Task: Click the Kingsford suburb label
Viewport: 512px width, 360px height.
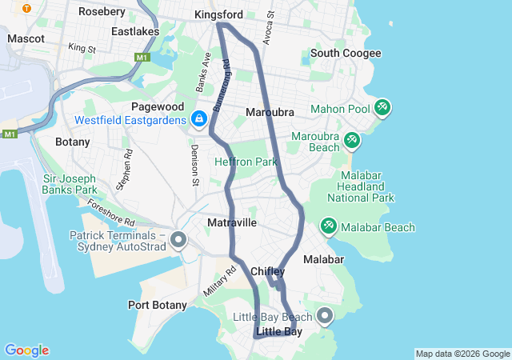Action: (x=218, y=15)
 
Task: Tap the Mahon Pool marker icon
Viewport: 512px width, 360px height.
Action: (x=382, y=107)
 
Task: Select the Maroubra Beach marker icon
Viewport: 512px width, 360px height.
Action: (x=351, y=141)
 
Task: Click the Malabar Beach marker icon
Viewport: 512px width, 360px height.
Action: (x=329, y=227)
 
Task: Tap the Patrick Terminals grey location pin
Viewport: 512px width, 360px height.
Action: (x=178, y=239)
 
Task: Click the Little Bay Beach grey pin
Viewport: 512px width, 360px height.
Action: (x=325, y=317)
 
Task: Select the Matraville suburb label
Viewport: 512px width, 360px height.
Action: (x=232, y=222)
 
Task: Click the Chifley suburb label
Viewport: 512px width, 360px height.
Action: (x=268, y=272)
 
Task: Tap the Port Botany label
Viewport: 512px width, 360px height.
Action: (x=158, y=305)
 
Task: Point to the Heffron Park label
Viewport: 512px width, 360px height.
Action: (x=246, y=162)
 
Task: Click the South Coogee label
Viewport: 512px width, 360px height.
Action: (x=346, y=53)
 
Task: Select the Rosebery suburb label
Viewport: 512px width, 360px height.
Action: (x=102, y=12)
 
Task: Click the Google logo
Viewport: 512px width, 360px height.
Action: (x=26, y=350)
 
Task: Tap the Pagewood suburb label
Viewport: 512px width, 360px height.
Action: (x=158, y=106)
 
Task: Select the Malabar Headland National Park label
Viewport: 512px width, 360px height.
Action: (x=367, y=186)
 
